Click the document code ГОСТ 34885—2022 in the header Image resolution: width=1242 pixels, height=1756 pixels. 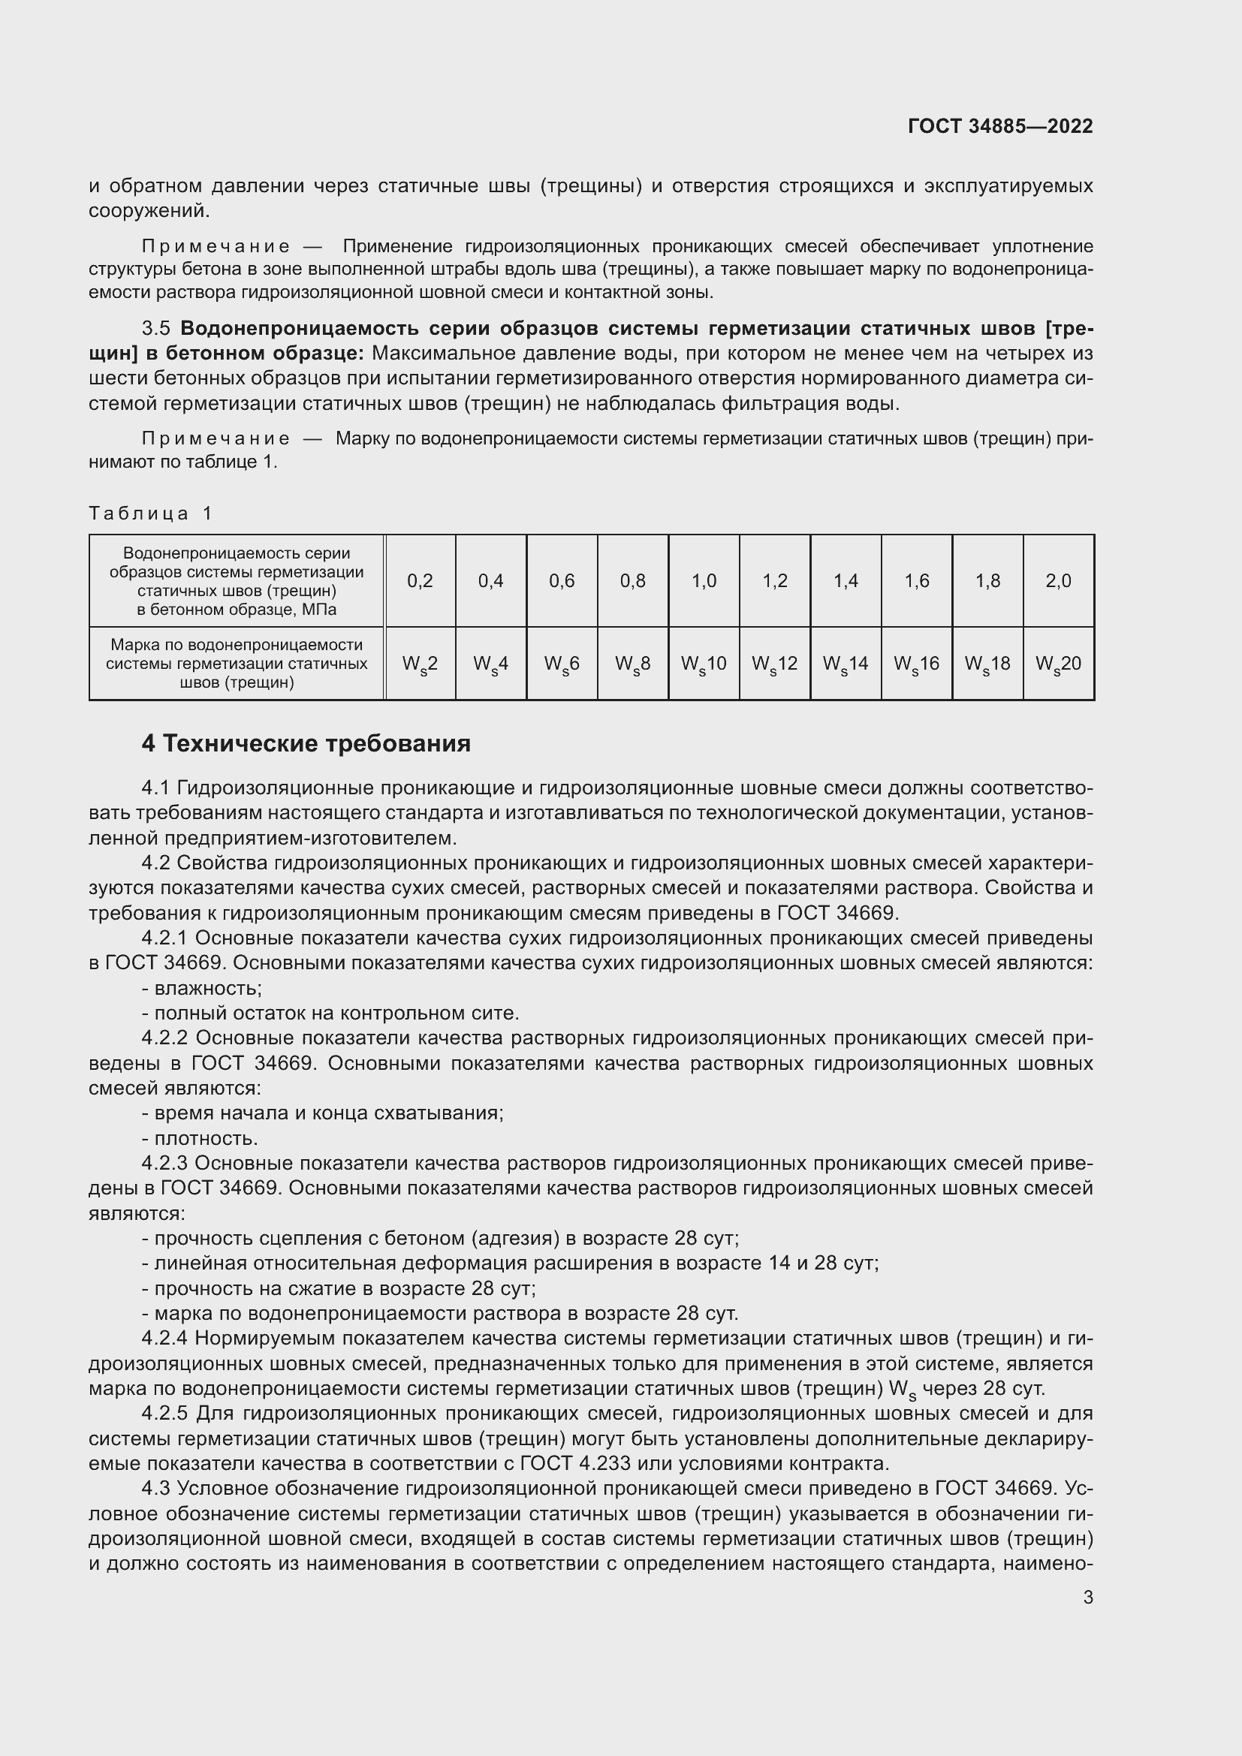pos(999,126)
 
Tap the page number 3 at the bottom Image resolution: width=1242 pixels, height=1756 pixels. pos(1087,1597)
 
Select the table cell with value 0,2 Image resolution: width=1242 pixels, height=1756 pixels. pos(420,580)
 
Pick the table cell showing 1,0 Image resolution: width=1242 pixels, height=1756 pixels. pos(704,580)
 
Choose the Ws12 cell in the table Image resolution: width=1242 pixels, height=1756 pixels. pos(774,664)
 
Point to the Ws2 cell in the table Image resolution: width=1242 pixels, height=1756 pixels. pos(420,664)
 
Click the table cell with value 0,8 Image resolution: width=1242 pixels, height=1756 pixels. pos(632,580)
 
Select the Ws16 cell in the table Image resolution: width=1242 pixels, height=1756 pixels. pos(916,664)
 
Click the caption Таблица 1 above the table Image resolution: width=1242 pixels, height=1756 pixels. pos(150,514)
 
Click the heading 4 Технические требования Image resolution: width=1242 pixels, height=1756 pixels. pos(306,743)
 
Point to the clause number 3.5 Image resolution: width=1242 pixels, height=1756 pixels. pos(156,328)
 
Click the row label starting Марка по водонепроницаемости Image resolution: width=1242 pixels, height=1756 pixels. pos(237,663)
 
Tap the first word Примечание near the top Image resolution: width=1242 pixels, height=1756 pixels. pos(216,246)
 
